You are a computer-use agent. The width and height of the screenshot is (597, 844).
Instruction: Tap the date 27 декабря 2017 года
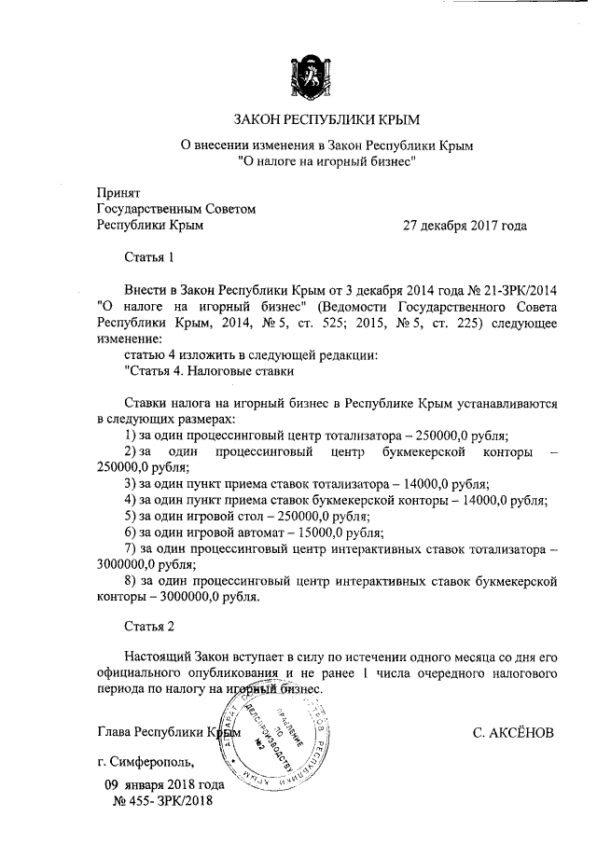pyautogui.click(x=465, y=226)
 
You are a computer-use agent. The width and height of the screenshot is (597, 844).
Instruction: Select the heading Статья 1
pyautogui.click(x=150, y=256)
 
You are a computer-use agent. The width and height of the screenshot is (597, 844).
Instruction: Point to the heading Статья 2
pyautogui.click(x=150, y=626)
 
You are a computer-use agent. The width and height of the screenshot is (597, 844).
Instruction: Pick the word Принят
pyautogui.click(x=118, y=193)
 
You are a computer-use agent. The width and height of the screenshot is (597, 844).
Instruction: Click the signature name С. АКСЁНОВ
pyautogui.click(x=513, y=732)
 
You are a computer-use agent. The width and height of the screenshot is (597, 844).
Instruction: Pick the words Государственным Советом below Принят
pyautogui.click(x=176, y=210)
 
